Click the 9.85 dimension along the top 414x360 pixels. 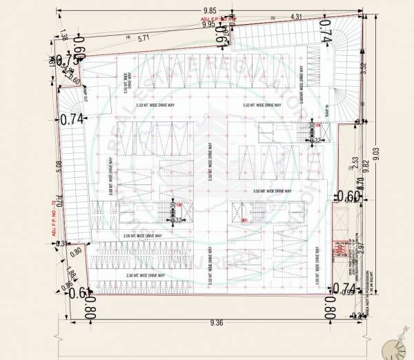(210, 10)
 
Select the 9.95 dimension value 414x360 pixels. (208, 24)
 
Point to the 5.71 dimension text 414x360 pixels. (144, 39)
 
